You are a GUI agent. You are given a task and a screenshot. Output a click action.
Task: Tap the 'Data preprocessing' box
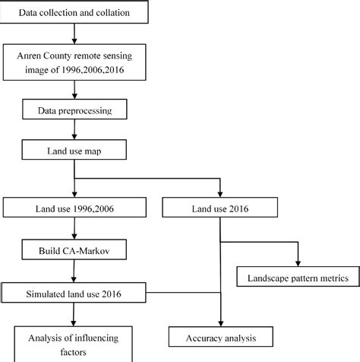[x=73, y=111]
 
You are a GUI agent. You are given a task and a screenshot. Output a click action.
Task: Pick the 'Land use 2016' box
[x=221, y=206]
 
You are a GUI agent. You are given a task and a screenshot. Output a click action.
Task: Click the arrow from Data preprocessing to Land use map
[x=73, y=132]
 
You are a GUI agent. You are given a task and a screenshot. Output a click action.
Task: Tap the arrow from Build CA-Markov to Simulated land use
[x=73, y=270]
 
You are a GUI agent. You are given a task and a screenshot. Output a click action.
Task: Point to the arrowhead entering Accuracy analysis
[x=220, y=322]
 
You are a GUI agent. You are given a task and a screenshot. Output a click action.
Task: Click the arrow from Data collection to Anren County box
[x=73, y=34]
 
